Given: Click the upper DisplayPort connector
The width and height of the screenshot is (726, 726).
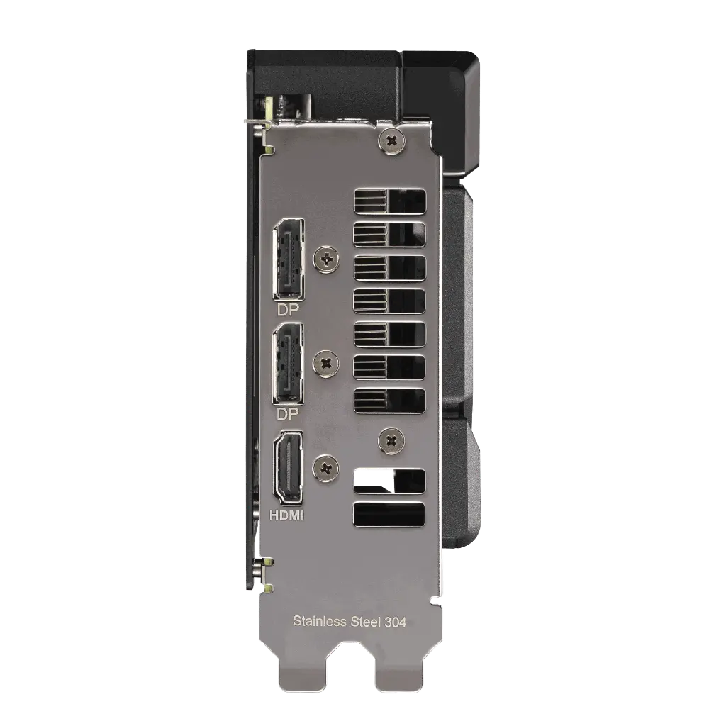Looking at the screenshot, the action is click(289, 259).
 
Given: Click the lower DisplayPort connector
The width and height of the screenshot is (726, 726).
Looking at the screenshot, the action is click(289, 364).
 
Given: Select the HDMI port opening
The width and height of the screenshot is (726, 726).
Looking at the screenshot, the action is click(288, 468).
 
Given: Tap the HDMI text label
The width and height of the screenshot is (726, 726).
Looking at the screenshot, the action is click(287, 515).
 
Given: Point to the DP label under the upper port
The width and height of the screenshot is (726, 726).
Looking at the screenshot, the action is click(288, 310).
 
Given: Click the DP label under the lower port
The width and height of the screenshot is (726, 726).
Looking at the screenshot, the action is click(288, 414).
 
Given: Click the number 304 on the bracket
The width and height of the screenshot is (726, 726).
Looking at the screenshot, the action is click(396, 622).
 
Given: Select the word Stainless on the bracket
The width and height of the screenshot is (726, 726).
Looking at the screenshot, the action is click(320, 621).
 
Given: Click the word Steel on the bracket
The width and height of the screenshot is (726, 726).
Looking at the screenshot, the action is click(366, 621).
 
